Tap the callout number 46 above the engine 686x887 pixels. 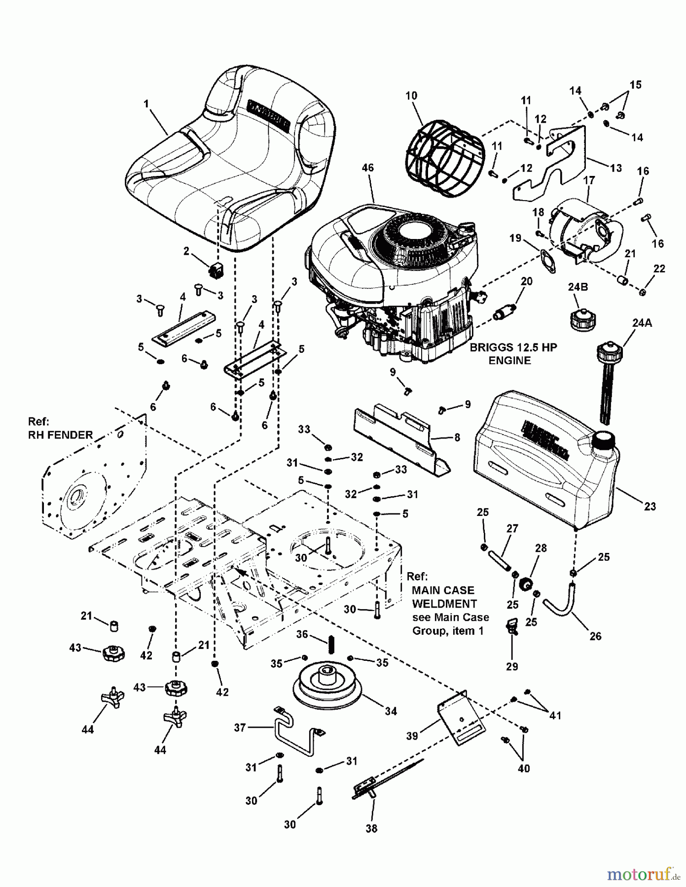tap(367, 168)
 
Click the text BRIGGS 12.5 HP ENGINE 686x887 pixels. tap(513, 354)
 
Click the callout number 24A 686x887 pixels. tap(642, 323)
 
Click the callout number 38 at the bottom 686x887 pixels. tap(371, 829)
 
